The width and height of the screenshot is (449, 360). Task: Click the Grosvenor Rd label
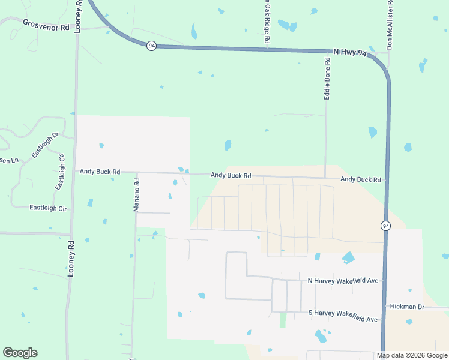tap(46, 23)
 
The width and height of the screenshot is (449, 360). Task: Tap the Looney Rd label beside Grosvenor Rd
tap(78, 16)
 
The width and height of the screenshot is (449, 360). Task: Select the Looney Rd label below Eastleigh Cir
tap(70, 258)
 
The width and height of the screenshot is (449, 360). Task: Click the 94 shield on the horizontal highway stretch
tap(152, 46)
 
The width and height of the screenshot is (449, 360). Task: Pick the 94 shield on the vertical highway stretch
tap(385, 226)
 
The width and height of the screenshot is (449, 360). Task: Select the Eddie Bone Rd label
tap(327, 78)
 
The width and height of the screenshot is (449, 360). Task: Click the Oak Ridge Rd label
tap(267, 21)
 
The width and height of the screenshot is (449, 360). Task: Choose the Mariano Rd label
tap(136, 191)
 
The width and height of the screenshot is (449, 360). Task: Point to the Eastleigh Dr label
tap(44, 145)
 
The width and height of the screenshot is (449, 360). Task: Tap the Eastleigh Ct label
tap(60, 172)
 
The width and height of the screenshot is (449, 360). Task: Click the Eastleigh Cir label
tap(48, 208)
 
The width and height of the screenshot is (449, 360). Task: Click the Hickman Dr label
tap(407, 307)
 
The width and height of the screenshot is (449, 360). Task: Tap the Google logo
tap(20, 353)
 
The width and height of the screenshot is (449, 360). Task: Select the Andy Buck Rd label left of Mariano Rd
tap(100, 172)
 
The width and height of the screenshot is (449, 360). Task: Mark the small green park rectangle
tap(283, 319)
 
